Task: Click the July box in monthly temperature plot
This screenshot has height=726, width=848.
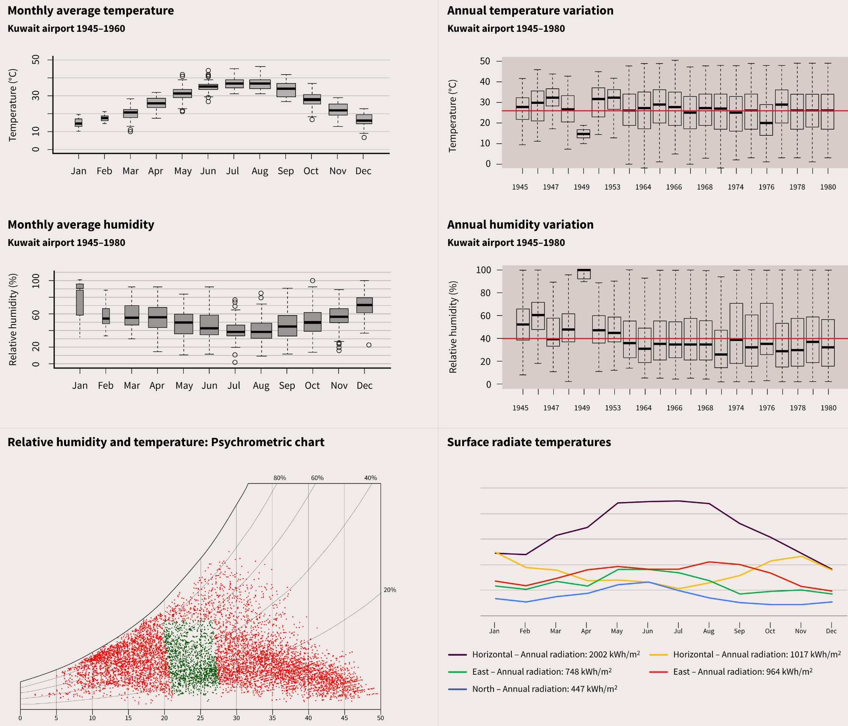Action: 234,84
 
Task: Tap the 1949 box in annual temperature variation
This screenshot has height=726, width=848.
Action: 583,134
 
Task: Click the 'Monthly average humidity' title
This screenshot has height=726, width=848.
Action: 81,224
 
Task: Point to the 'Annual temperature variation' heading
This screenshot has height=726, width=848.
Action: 530,11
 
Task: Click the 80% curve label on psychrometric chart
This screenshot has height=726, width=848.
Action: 279,478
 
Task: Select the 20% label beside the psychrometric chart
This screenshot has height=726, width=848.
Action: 390,590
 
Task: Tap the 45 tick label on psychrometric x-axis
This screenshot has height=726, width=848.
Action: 344,718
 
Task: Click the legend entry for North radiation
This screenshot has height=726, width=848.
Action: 544,689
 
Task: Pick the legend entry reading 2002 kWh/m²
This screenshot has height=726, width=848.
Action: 555,654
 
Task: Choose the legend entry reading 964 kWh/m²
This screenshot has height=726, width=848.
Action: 742,671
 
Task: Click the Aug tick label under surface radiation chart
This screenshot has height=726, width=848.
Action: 709,631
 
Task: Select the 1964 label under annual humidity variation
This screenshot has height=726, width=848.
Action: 643,408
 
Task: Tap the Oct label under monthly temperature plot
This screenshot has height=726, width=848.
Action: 311,171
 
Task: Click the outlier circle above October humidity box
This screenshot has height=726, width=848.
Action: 312,281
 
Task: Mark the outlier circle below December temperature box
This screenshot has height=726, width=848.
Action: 364,137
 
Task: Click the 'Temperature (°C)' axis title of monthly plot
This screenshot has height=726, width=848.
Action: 13,105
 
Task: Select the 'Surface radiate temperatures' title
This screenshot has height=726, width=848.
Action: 529,442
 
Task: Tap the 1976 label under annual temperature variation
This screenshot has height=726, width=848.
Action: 766,187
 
